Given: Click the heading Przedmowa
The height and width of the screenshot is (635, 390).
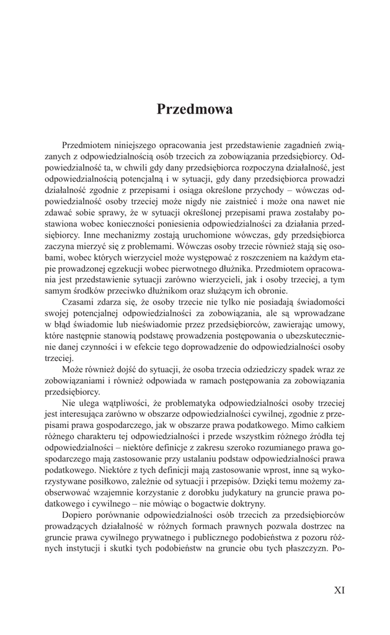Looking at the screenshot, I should coord(195,109).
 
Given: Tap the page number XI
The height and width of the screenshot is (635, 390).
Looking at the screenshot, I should coord(339,590).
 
